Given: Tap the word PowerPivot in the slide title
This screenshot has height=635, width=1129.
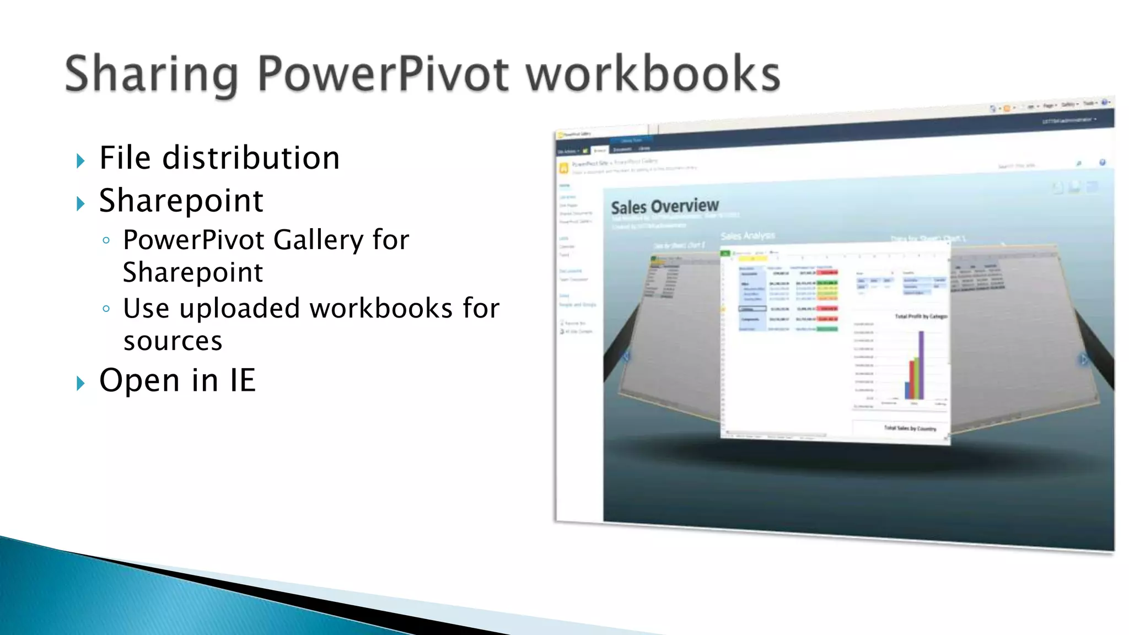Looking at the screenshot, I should [383, 74].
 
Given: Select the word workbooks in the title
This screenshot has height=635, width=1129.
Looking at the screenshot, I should [653, 74].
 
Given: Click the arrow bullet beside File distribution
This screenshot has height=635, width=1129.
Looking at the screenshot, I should [81, 161].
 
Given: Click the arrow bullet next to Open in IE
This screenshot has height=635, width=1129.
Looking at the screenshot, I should [81, 383].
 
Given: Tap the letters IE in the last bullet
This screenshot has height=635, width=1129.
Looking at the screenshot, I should [243, 380].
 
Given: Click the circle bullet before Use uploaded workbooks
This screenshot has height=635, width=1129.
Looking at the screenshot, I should [106, 309].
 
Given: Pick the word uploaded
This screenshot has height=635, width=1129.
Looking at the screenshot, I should [239, 308].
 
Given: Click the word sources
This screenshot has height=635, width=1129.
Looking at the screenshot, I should [173, 341].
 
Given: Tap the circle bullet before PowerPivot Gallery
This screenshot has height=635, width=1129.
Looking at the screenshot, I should [106, 240].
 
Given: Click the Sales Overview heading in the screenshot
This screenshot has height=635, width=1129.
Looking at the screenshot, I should [664, 207].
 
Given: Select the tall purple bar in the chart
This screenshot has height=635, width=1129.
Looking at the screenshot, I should [921, 364].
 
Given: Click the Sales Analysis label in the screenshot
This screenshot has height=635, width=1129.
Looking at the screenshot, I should [747, 236].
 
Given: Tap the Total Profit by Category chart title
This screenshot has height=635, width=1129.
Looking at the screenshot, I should [921, 316].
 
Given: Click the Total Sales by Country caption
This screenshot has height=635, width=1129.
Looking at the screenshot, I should [910, 428].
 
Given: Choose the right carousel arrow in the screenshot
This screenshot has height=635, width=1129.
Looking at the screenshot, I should [1084, 360].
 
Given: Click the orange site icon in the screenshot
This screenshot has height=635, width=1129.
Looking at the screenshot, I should [563, 168].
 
